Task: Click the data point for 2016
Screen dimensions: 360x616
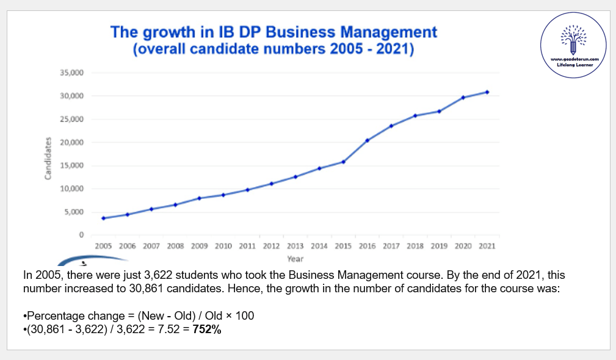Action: coord(368,140)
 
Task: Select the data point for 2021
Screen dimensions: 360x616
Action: coord(487,92)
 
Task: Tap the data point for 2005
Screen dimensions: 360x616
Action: coord(104,218)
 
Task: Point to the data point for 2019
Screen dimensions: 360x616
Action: coord(439,111)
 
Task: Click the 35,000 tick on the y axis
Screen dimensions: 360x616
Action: coord(71,73)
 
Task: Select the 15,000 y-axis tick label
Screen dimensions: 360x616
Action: coord(71,165)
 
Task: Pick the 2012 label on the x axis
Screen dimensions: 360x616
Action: coord(272,246)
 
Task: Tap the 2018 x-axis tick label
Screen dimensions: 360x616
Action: coord(415,246)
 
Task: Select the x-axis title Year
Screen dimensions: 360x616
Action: coord(295,259)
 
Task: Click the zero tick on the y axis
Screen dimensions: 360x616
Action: coord(81,235)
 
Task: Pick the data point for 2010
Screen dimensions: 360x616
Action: coord(223,195)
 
